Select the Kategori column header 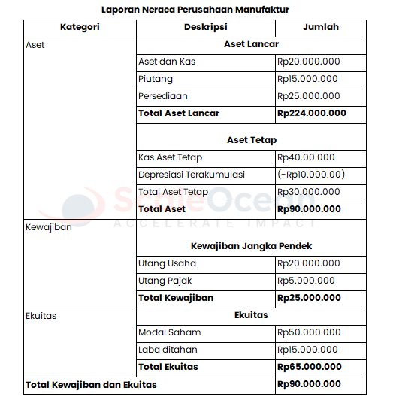(x=80, y=27)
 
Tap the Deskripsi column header (x=205, y=27)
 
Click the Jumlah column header (x=320, y=27)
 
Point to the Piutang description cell (x=156, y=79)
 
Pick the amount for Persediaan (x=308, y=96)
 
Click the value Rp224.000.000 (x=311, y=113)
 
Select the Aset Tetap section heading (x=251, y=140)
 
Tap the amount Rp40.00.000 (x=306, y=157)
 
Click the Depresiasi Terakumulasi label (x=192, y=175)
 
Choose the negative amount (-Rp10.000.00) (x=310, y=175)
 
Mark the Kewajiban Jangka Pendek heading (x=251, y=246)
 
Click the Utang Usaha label (x=167, y=263)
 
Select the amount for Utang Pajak (x=306, y=280)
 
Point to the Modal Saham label (x=169, y=332)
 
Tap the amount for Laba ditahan (x=307, y=349)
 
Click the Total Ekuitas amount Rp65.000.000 (x=309, y=367)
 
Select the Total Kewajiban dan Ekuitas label (x=91, y=385)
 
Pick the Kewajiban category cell (x=49, y=227)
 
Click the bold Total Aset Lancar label (x=179, y=113)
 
